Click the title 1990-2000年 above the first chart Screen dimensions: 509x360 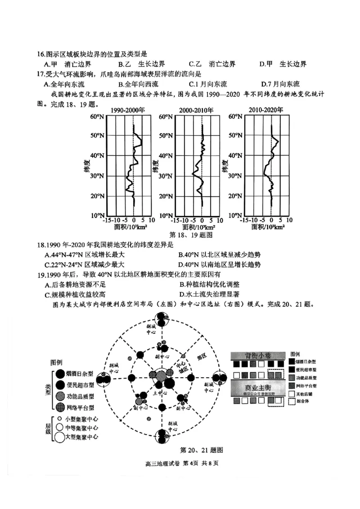128,110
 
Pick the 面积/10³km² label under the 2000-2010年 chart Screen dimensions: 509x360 202,227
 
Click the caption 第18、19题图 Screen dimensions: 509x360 190,235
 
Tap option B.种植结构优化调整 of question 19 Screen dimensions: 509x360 209,284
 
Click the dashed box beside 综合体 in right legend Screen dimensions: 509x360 292,402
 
